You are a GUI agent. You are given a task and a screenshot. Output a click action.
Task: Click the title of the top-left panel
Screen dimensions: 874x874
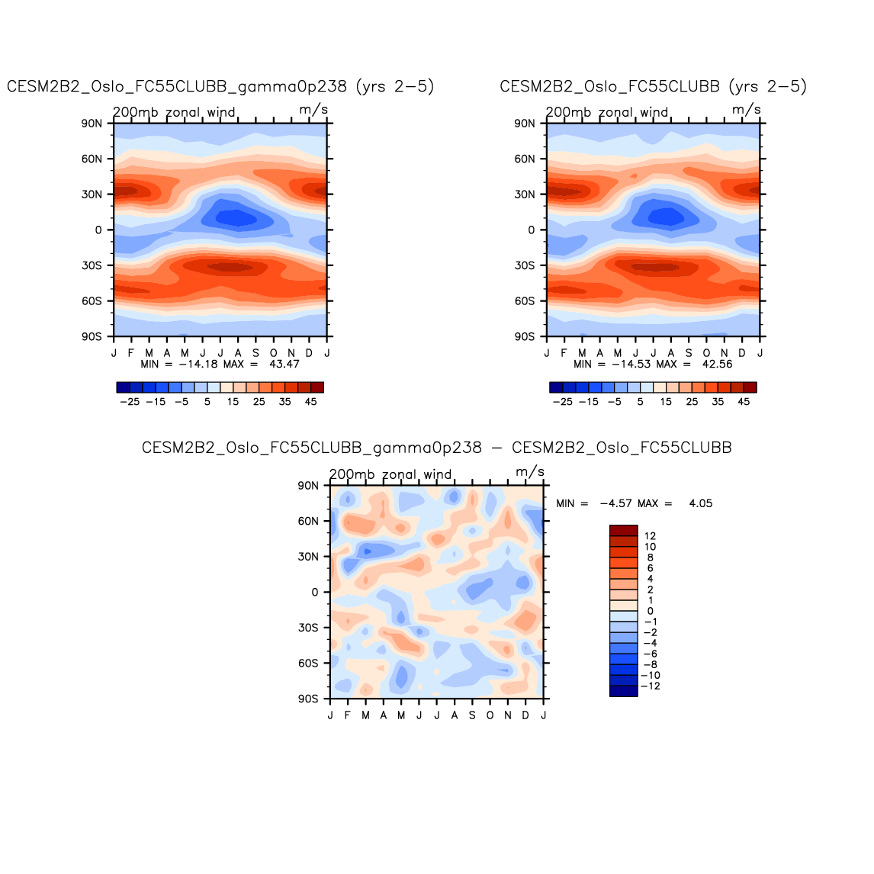pos(220,87)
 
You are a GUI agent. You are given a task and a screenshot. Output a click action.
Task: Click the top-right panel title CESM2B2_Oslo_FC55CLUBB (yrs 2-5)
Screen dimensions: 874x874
pos(653,87)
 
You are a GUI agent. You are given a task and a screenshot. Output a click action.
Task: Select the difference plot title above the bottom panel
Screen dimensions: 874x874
pos(436,448)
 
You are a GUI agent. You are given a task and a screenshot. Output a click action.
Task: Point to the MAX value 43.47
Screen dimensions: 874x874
pos(284,365)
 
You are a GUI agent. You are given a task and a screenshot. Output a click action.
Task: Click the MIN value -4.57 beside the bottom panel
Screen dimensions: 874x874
pos(615,503)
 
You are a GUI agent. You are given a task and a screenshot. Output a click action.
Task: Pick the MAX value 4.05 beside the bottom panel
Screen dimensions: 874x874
pos(700,503)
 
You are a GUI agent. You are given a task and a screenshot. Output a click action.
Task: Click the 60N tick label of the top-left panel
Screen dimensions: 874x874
pos(92,159)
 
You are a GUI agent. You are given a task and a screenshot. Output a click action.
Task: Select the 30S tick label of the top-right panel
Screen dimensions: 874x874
pos(525,265)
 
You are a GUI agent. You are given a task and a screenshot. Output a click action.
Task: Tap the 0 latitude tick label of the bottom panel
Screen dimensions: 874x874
pos(315,592)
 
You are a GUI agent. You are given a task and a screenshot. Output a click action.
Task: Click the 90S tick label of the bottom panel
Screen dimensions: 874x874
pos(309,699)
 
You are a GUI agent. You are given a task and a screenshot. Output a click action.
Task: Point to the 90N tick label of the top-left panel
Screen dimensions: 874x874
pos(92,124)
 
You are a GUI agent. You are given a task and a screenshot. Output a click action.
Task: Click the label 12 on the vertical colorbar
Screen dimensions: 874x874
pos(650,536)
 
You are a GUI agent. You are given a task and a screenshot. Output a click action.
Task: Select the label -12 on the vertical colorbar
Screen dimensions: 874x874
pos(652,686)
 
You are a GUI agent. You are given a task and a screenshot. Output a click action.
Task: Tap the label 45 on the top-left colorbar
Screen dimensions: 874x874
pos(310,402)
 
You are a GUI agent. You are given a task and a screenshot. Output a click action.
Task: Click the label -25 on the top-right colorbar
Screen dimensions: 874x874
pos(562,402)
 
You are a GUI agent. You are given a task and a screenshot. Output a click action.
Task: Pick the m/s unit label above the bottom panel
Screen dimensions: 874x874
pos(530,472)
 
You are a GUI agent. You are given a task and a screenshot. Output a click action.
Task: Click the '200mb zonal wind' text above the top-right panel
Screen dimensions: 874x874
pos(607,113)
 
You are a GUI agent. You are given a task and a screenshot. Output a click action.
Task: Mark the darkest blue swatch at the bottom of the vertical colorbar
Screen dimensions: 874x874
pos(623,691)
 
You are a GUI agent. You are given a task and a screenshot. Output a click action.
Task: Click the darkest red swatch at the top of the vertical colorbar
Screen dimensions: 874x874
pos(623,531)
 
